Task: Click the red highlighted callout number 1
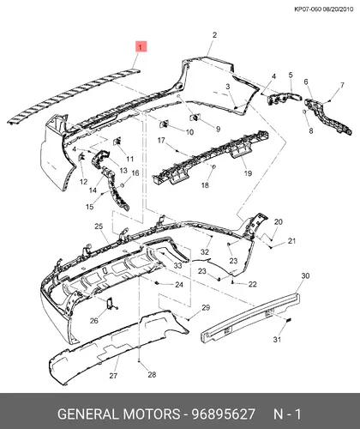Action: pos(141,46)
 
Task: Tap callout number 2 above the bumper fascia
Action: pos(214,35)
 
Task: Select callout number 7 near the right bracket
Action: pos(342,85)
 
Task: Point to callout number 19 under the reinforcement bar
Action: pos(248,173)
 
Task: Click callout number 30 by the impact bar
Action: pos(305,275)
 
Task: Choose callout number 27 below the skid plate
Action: pos(113,376)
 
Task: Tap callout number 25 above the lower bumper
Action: pos(99,227)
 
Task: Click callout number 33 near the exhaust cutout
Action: pos(177,265)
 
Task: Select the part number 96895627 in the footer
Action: pos(223,414)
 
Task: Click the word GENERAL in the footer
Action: pos(88,414)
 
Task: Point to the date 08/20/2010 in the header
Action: pos(338,9)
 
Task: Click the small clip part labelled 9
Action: pos(195,117)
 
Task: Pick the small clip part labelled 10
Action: pos(164,124)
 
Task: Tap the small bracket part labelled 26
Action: pos(111,304)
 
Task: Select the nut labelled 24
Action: pos(157,283)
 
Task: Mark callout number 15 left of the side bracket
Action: pos(90,207)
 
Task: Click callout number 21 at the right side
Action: pos(291,241)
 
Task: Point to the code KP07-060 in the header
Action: pos(308,9)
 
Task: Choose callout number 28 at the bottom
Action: pos(152,374)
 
